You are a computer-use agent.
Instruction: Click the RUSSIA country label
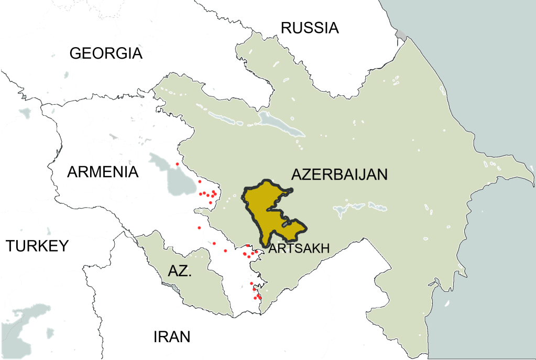click(310, 27)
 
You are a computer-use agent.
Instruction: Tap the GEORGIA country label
click(106, 53)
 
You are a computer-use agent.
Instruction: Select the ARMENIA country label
click(103, 172)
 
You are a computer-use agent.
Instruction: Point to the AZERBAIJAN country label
click(340, 174)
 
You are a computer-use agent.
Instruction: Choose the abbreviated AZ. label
click(180, 271)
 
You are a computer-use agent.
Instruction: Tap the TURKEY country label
click(37, 245)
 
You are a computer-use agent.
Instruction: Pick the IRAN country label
click(171, 337)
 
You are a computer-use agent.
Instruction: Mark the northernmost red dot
click(177, 164)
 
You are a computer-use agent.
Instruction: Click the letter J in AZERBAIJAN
click(365, 175)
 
